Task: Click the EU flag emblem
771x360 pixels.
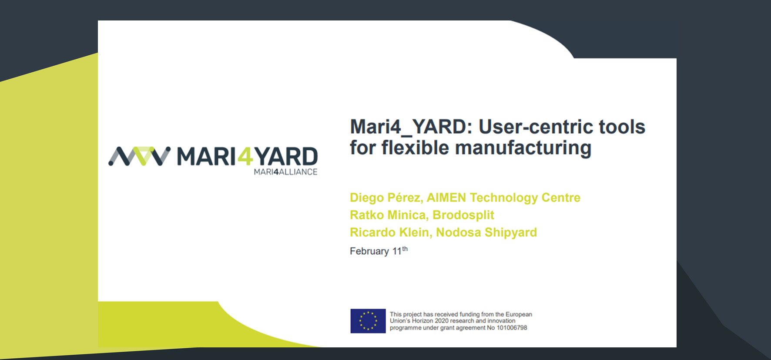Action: tap(368, 321)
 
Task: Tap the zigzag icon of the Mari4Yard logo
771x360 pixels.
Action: tap(139, 156)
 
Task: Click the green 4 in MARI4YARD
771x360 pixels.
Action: tap(245, 156)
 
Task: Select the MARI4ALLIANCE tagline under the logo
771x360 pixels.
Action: tap(285, 172)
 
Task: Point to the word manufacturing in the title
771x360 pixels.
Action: tap(523, 148)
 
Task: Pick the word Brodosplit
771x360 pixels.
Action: tap(463, 215)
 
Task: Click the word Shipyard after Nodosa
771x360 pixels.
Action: tap(511, 232)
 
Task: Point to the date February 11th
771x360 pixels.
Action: tap(379, 251)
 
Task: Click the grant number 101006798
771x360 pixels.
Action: tap(512, 328)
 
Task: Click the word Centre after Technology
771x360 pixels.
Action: tap(561, 198)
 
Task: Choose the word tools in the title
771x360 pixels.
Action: tap(622, 127)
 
